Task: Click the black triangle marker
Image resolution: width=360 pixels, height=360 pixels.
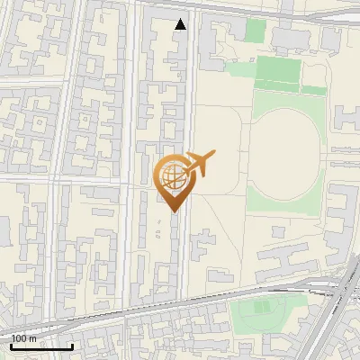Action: (181, 24)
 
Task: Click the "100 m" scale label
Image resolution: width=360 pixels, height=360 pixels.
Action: (23, 338)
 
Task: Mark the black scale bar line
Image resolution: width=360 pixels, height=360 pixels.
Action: (40, 346)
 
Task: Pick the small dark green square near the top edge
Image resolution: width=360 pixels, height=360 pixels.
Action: (256, 31)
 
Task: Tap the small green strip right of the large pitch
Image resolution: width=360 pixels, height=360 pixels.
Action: (314, 89)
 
